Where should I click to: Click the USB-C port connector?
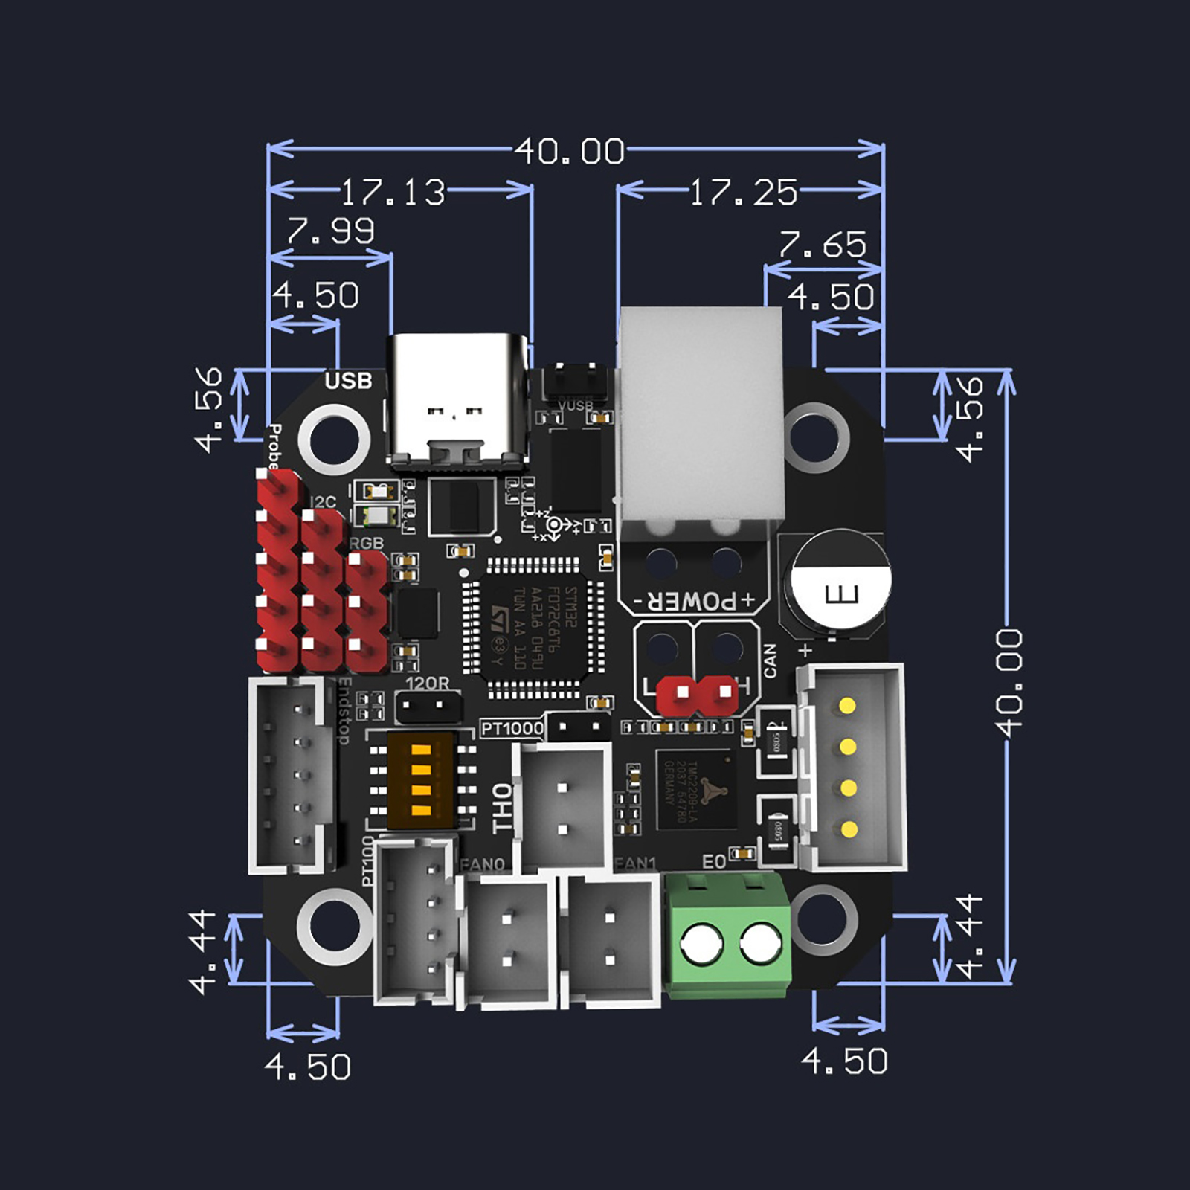click(x=458, y=402)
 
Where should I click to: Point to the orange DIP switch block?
click(x=421, y=781)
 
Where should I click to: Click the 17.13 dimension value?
click(x=393, y=192)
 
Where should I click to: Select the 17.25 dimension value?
click(x=743, y=192)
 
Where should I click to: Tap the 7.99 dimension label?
click(x=330, y=231)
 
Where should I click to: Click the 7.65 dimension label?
click(x=823, y=244)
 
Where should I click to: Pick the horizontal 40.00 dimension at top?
click(x=570, y=151)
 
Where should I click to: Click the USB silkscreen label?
click(x=348, y=381)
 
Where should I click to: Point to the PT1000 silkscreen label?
click(x=512, y=728)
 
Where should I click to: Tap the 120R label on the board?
click(x=428, y=683)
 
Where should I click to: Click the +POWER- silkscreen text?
click(x=693, y=601)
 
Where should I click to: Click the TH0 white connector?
click(x=563, y=807)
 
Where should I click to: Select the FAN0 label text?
click(x=482, y=864)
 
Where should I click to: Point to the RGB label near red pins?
click(x=366, y=543)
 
